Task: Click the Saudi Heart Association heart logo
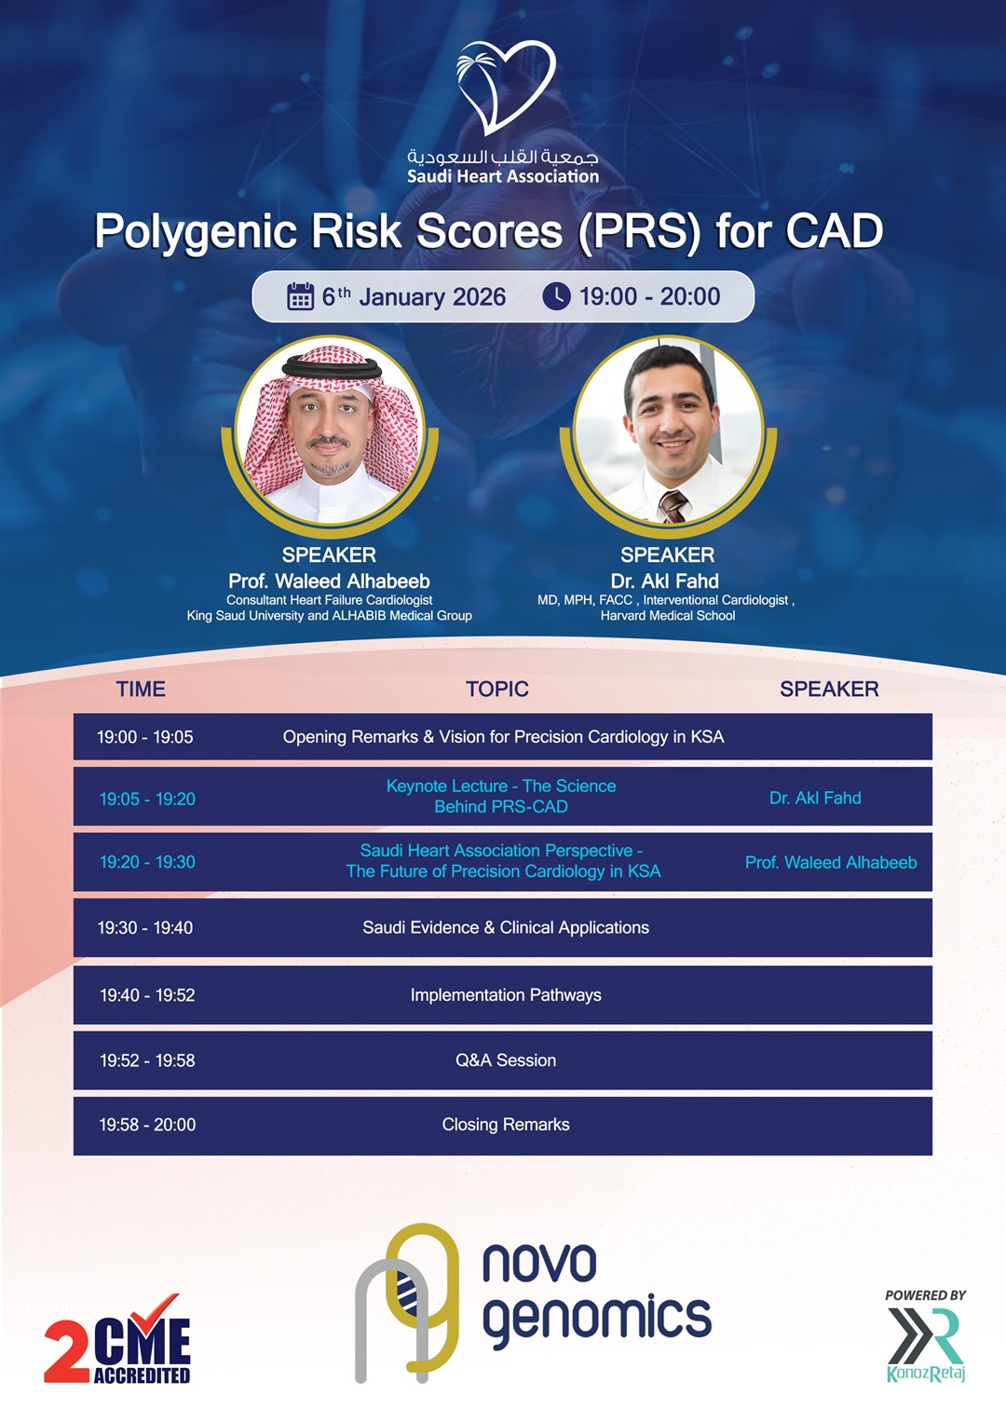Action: (506, 87)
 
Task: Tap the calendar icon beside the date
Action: (300, 296)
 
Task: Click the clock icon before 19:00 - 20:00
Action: (556, 296)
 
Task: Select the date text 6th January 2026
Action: (414, 297)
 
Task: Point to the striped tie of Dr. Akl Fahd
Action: (673, 506)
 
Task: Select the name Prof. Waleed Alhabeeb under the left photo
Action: (329, 581)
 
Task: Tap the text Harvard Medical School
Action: (668, 615)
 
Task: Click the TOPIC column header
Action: (496, 689)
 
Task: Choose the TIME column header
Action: (141, 689)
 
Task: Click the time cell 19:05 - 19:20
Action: (147, 799)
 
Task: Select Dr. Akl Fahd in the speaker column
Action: (815, 798)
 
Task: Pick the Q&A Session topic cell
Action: (505, 1060)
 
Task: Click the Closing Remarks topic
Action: (505, 1125)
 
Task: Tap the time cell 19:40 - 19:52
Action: (147, 995)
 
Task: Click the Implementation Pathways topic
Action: (505, 995)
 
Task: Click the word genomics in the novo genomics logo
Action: (596, 1320)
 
